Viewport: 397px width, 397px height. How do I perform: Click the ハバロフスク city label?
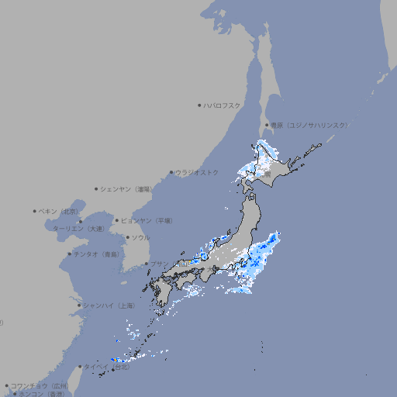tap(223, 105)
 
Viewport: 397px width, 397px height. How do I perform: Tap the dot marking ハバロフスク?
tap(199, 105)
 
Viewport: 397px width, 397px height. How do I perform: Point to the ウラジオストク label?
tap(197, 172)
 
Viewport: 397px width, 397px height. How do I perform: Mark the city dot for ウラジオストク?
tap(171, 172)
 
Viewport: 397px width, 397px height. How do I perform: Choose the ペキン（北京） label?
tap(60, 211)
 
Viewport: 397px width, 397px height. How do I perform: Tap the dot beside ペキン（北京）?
tap(35, 211)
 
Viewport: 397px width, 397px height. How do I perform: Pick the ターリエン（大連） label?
tap(78, 229)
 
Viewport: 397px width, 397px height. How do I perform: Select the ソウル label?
tap(140, 237)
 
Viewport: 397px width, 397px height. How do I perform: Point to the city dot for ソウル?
tap(127, 237)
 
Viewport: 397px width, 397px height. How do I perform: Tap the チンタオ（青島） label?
tap(96, 254)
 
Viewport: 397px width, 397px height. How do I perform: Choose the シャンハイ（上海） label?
tap(109, 306)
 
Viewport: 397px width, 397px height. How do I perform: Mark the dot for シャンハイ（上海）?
tap(79, 306)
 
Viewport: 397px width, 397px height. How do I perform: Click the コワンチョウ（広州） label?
tap(40, 385)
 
